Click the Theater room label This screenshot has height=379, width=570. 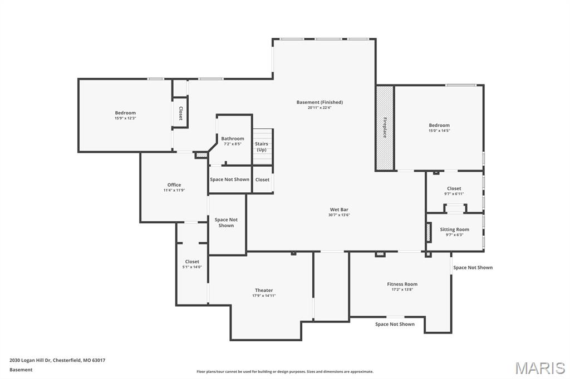point(264,290)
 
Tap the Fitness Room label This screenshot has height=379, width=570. point(402,284)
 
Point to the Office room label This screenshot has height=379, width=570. point(174,185)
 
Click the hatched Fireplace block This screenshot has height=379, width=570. point(385,128)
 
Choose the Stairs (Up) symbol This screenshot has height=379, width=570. point(262,147)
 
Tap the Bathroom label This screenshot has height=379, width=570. point(233,138)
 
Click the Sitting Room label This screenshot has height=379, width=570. point(454,230)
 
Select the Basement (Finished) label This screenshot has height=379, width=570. point(320,102)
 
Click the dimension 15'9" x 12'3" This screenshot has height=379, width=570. point(125,118)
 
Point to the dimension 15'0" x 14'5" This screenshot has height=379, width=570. point(439,131)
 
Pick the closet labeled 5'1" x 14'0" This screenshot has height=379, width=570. point(192,264)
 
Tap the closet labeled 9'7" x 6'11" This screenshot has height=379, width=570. point(454,191)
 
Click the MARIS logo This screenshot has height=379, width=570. point(539,368)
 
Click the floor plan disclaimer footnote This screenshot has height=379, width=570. point(284,372)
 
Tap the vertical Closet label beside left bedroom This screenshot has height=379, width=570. point(180,113)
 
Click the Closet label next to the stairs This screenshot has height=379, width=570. point(262,179)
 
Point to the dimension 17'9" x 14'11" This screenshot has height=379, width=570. point(264,296)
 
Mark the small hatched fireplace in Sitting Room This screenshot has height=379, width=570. point(429,232)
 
